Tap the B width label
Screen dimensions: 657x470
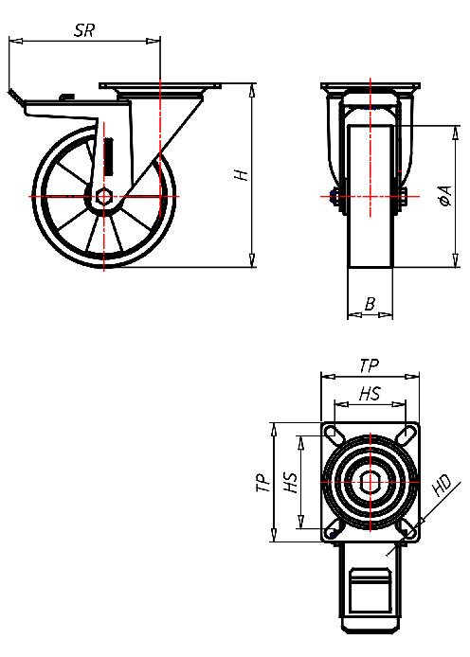pos(370,303)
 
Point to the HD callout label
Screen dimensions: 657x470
pos(442,488)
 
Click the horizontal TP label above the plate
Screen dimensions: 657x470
pos(370,364)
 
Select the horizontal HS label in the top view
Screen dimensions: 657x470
pos(370,394)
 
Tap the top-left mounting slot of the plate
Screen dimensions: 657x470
pos(333,434)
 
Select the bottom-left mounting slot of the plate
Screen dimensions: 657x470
pos(333,531)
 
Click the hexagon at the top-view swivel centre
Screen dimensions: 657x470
pos(370,482)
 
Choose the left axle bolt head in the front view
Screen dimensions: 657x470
pos(334,197)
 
